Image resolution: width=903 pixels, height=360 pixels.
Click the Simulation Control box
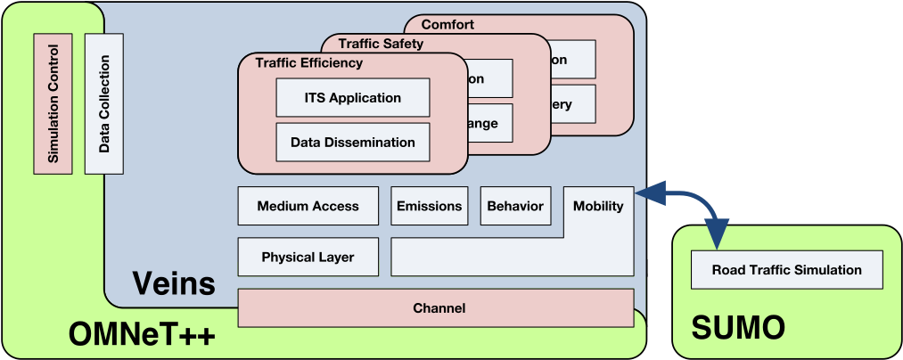[x=52, y=103]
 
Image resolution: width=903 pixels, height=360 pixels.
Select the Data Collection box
[x=103, y=103]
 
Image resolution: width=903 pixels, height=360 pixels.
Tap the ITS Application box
[x=353, y=98]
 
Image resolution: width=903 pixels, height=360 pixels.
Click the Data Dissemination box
[x=353, y=143]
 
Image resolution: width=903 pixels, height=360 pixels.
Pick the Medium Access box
[x=308, y=206]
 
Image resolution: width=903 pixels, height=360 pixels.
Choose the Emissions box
[x=430, y=206]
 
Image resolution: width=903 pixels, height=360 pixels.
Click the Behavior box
[x=515, y=206]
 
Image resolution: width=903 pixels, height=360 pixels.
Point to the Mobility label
[x=598, y=206]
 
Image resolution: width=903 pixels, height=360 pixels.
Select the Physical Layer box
[x=308, y=257]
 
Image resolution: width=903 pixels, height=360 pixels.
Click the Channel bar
[x=439, y=308]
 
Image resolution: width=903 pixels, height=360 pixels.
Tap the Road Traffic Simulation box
[x=787, y=270]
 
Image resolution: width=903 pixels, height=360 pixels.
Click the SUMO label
[x=738, y=328]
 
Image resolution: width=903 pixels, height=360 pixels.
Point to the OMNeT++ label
[x=142, y=334]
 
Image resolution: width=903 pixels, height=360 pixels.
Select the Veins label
[x=174, y=283]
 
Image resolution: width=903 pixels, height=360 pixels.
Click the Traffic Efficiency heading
[x=308, y=63]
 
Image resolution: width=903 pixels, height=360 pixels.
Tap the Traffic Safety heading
[x=381, y=43]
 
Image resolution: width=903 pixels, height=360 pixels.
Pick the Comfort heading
[x=447, y=24]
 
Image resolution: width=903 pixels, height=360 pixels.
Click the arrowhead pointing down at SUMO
[x=717, y=234]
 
